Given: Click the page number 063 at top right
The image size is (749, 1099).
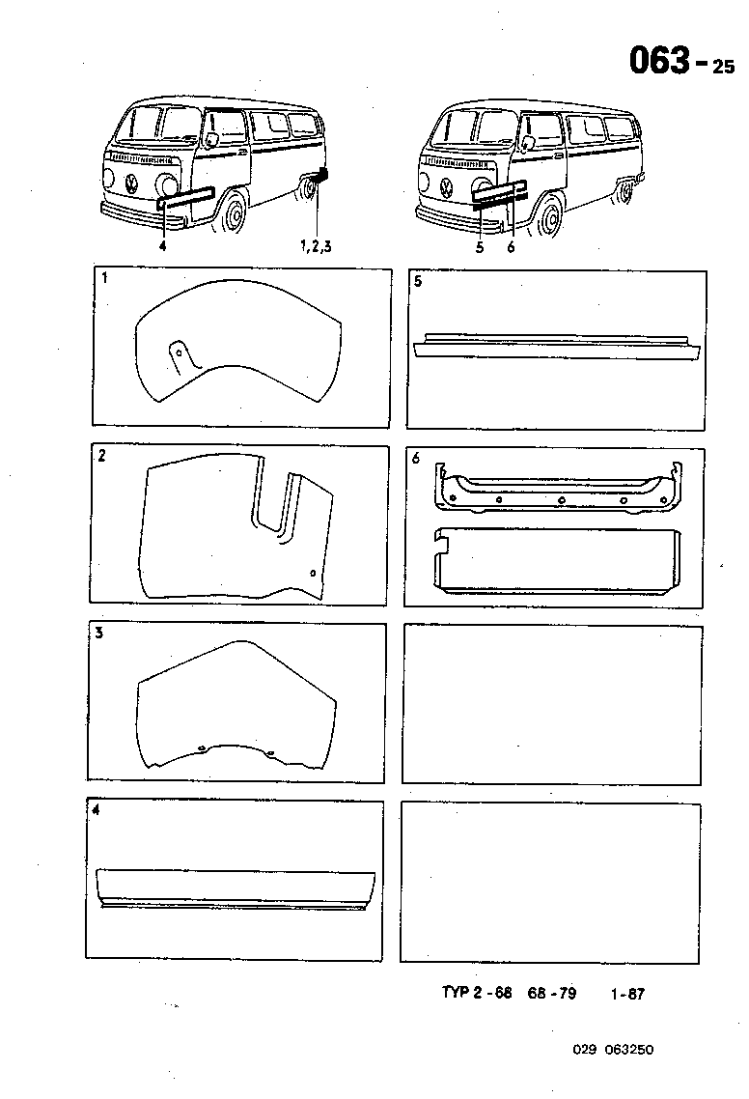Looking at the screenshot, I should pyautogui.click(x=659, y=61).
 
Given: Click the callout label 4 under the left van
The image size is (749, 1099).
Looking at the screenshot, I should pyautogui.click(x=163, y=247).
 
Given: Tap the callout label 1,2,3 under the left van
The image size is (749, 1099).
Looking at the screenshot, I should pyautogui.click(x=317, y=247).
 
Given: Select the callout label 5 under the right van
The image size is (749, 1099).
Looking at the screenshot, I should pyautogui.click(x=479, y=247).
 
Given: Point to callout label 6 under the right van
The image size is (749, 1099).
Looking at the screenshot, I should pyautogui.click(x=512, y=247).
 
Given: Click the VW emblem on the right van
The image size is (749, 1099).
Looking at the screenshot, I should pyautogui.click(x=447, y=185).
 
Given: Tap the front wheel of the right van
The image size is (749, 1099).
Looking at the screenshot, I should pyautogui.click(x=549, y=216).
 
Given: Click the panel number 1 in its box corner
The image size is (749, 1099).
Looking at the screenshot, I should pyautogui.click(x=104, y=279).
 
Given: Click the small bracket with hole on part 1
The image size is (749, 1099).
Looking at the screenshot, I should pyautogui.click(x=180, y=354).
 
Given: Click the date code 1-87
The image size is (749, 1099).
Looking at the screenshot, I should pyautogui.click(x=627, y=994).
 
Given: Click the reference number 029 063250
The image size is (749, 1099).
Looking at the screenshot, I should pyautogui.click(x=612, y=1051).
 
